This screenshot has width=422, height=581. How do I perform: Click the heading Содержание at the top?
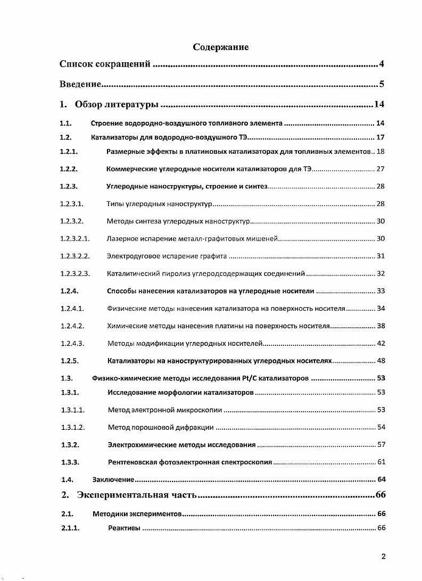coord(220,47)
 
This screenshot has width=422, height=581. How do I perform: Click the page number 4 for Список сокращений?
coord(382,65)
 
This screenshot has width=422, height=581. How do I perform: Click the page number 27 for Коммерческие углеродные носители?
coord(380,169)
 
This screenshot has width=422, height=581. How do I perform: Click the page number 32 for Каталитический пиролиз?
coord(380,273)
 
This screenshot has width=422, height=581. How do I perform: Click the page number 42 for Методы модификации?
coord(380,343)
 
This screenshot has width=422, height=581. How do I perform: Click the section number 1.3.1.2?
coord(72,427)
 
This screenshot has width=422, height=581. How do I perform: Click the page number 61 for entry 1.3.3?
coord(380,462)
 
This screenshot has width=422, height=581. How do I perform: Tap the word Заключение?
coord(113,479)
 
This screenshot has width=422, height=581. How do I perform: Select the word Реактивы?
coord(124,528)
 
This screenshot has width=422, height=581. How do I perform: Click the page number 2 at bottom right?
coord(383,557)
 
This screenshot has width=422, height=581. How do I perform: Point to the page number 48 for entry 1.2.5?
coord(380,361)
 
